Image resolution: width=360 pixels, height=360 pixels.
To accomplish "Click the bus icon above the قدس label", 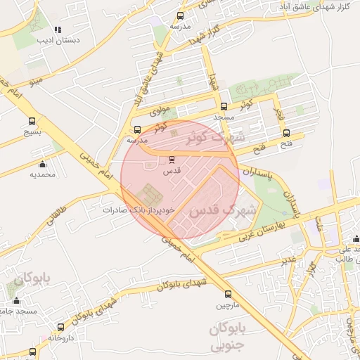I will [x=173, y=159].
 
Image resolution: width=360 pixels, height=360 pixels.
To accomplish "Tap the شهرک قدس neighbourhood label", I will [x=212, y=209].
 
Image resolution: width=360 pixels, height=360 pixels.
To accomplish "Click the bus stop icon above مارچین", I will [x=228, y=294].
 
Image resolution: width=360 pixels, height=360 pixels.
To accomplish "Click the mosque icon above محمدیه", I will [x=43, y=164].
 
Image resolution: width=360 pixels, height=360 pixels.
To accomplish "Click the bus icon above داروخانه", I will [x=61, y=327].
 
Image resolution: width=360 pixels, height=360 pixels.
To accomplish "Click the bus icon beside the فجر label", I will [x=285, y=131].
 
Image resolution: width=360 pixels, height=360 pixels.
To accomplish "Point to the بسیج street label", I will [x=33, y=131].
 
